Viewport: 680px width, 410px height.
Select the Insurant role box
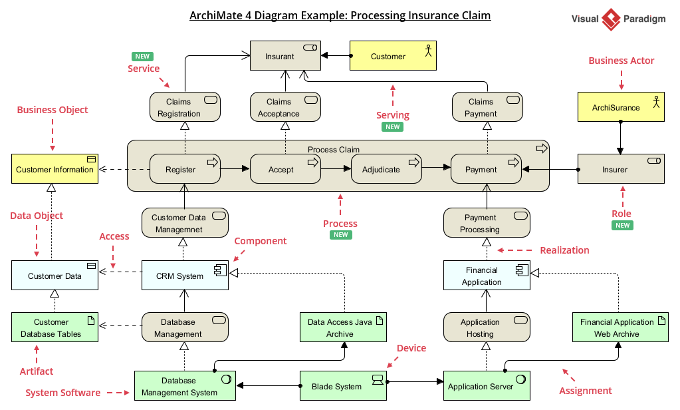pyautogui.click(x=285, y=56)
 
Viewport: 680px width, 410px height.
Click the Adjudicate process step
pyautogui.click(x=386, y=169)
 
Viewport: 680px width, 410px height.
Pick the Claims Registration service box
pyautogui.click(x=185, y=107)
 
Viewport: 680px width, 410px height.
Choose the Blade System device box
pyautogui.click(x=342, y=386)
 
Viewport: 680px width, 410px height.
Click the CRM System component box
pyautogui.click(x=185, y=276)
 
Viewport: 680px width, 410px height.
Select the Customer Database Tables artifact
pyautogui.click(x=55, y=327)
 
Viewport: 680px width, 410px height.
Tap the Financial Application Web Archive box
pyautogui.click(x=620, y=327)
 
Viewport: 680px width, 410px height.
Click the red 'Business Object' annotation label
pyautogui.click(x=53, y=110)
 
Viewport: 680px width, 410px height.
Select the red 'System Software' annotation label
pyautogui.click(x=64, y=393)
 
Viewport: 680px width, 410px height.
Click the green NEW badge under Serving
pyautogui.click(x=393, y=127)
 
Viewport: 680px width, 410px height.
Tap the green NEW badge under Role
pyautogui.click(x=622, y=226)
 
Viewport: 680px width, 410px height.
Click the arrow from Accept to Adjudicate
pyautogui.click(x=336, y=169)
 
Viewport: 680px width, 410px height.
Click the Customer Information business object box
pyautogui.click(x=55, y=169)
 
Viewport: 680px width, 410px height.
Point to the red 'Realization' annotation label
pyautogui.click(x=564, y=250)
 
